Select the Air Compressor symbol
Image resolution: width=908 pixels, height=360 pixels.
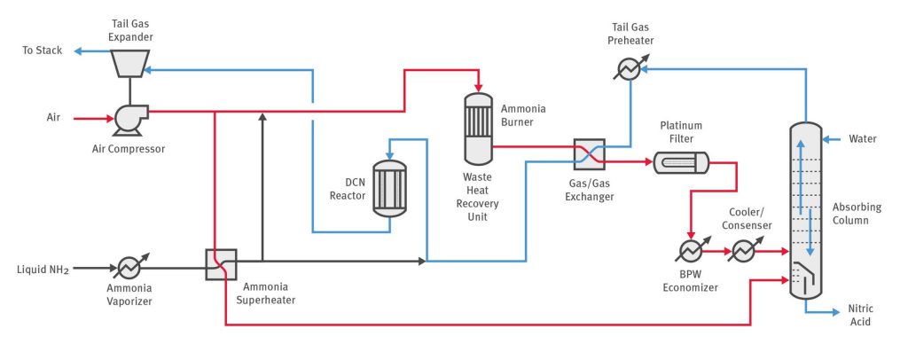pos(126,116)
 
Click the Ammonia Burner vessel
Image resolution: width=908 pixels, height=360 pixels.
pos(479,129)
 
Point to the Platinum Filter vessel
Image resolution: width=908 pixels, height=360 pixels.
pos(681,162)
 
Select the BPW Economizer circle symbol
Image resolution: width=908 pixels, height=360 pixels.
pos(688,252)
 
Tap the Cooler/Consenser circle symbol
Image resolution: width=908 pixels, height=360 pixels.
pos(741,252)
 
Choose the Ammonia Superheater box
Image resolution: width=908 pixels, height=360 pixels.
pos(221,263)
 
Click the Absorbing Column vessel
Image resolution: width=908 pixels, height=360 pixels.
pos(805,213)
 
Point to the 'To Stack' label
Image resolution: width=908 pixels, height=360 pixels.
pos(43,51)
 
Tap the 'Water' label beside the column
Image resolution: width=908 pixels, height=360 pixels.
pos(863,139)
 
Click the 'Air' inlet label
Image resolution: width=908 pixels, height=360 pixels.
pos(54,116)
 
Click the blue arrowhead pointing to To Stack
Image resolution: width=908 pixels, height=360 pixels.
pos(78,51)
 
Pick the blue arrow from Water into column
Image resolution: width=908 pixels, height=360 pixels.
pos(832,139)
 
